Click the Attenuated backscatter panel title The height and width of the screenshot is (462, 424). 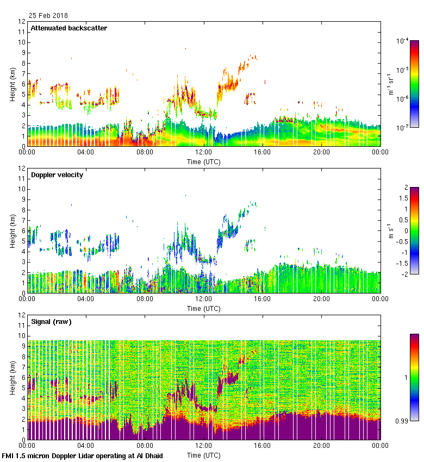tap(68, 28)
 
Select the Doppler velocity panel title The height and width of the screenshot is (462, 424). tap(57, 175)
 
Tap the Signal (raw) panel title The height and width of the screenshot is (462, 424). tap(51, 322)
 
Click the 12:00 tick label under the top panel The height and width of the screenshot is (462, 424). tap(204, 153)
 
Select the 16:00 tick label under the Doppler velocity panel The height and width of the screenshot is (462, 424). tap(263, 299)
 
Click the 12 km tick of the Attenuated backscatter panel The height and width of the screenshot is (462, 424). tap(22, 22)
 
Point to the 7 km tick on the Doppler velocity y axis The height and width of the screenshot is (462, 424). tap(24, 220)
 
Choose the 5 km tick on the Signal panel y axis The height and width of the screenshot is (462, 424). tap(24, 388)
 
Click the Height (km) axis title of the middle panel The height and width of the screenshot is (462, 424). tap(13, 231)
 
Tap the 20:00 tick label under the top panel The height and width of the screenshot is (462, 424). tap(321, 153)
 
